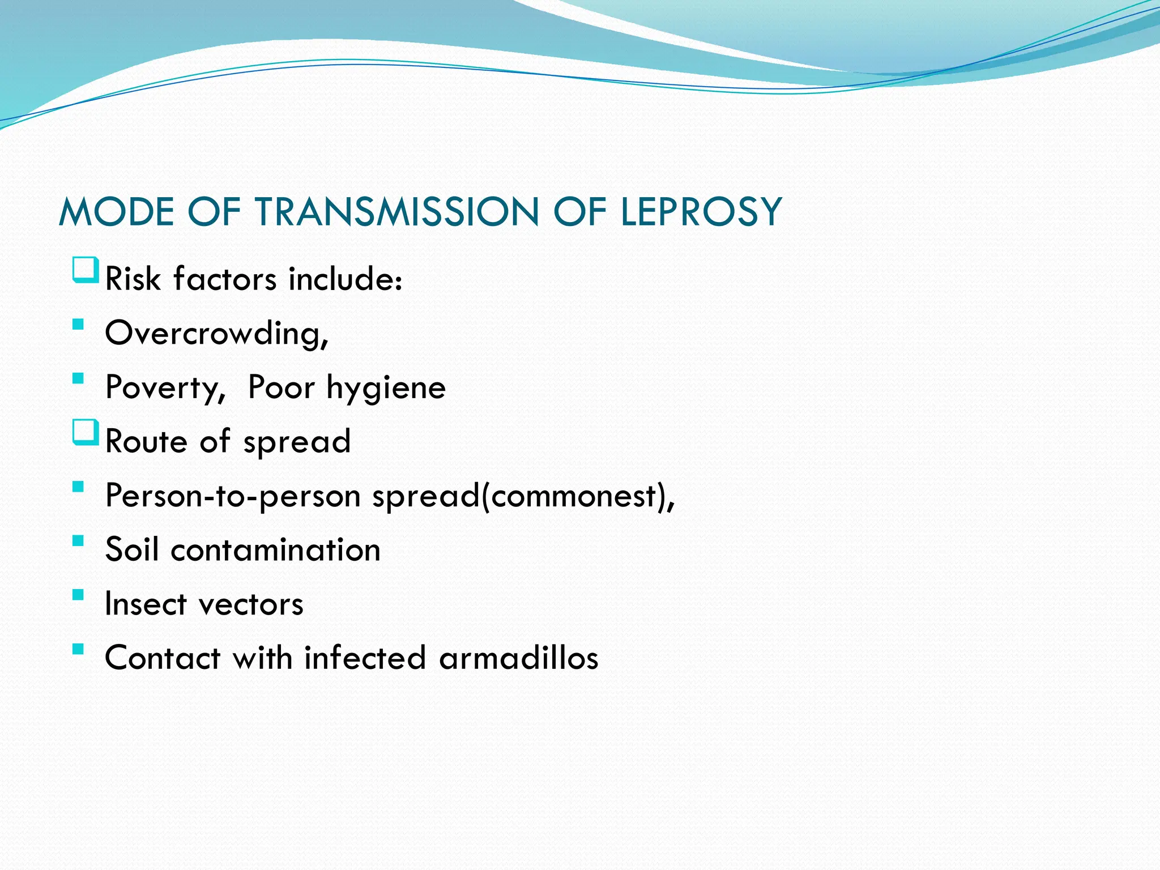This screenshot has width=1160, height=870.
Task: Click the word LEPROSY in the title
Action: pyautogui.click(x=701, y=212)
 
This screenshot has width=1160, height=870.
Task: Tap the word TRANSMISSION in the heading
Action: pyautogui.click(x=396, y=212)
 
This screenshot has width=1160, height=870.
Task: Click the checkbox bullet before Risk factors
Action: pyautogui.click(x=86, y=270)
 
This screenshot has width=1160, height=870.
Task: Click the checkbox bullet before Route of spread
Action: pyautogui.click(x=86, y=432)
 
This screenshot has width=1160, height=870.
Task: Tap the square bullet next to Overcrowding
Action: pyautogui.click(x=78, y=325)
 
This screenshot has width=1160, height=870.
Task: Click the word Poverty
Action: pyautogui.click(x=165, y=389)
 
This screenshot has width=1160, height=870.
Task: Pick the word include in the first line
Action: pyautogui.click(x=345, y=279)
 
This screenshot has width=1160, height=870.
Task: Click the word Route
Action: pyautogui.click(x=146, y=441)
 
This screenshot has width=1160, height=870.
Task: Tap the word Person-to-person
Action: pyautogui.click(x=233, y=496)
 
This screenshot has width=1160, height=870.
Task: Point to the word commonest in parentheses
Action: pyautogui.click(x=573, y=496)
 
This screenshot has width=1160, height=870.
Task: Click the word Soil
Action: pyautogui.click(x=131, y=549)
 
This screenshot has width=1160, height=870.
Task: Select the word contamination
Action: pyautogui.click(x=275, y=549)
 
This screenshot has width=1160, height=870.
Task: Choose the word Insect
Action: pyautogui.click(x=146, y=604)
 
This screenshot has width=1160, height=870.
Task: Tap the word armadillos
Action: pyautogui.click(x=518, y=658)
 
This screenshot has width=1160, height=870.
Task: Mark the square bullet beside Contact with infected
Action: pyautogui.click(x=78, y=649)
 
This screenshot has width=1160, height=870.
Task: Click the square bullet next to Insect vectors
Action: pyautogui.click(x=78, y=595)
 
